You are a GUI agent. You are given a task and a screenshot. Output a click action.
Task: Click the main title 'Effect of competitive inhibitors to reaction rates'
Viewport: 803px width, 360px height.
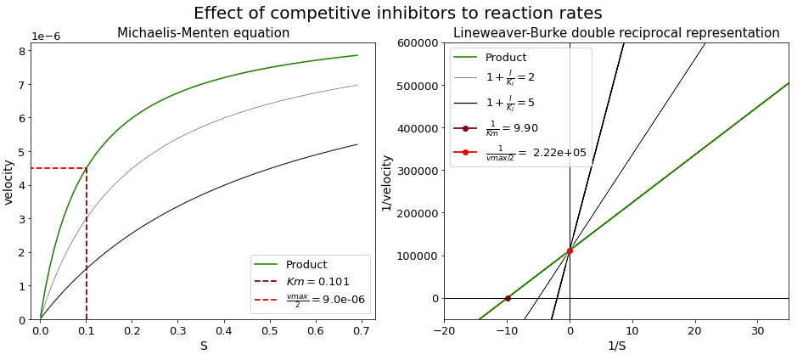pyautogui.click(x=397, y=13)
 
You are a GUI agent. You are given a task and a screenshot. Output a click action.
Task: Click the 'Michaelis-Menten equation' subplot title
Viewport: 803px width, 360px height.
pyautogui.click(x=203, y=33)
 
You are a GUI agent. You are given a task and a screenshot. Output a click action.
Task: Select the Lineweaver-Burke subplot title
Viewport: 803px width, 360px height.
pyautogui.click(x=615, y=33)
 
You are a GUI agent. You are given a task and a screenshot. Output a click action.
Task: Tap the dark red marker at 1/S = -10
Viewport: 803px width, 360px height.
pyautogui.click(x=508, y=298)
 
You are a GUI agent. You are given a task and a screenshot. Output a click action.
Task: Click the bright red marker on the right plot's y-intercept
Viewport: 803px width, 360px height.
pyautogui.click(x=570, y=250)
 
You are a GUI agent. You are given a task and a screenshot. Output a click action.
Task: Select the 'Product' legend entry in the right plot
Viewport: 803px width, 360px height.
pyautogui.click(x=505, y=58)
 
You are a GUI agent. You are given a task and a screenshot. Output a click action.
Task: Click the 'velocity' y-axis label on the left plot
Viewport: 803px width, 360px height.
pyautogui.click(x=8, y=182)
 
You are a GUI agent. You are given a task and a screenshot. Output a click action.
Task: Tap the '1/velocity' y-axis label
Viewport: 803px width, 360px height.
pyautogui.click(x=387, y=182)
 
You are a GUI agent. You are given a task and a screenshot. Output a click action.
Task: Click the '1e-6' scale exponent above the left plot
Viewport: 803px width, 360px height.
pyautogui.click(x=46, y=37)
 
